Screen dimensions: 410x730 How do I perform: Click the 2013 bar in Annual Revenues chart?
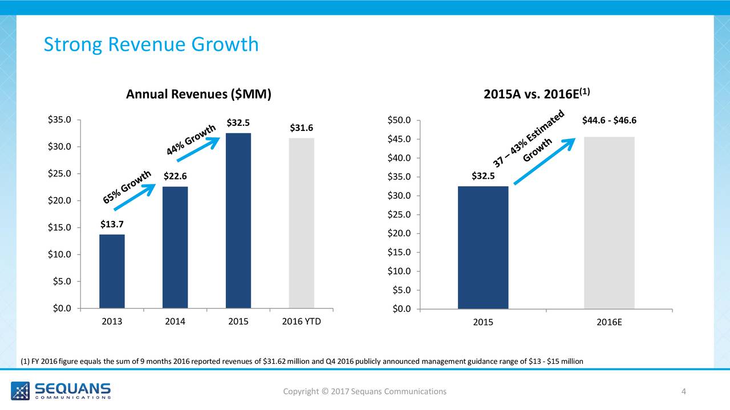coord(112,271)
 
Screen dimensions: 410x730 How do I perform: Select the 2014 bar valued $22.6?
coord(175,247)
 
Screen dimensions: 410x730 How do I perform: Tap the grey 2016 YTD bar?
coord(301,223)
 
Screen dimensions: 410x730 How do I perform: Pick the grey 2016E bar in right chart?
coord(609,223)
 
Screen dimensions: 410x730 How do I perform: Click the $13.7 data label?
coord(112,224)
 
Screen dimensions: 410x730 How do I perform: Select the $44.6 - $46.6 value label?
coord(609,120)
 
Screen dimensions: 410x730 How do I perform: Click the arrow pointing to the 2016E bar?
coord(545,161)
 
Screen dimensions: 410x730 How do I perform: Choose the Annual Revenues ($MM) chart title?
coord(198,95)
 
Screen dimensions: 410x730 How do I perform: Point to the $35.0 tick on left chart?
coord(59,120)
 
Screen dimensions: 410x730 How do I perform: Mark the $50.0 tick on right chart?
coord(398,120)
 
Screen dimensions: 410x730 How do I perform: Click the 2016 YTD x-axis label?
coord(301,322)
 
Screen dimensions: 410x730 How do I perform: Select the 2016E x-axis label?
coord(609,322)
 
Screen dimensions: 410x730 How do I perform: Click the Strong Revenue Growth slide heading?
coord(151,44)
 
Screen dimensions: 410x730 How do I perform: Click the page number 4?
coord(683,391)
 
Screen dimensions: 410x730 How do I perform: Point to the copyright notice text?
coord(365,391)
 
